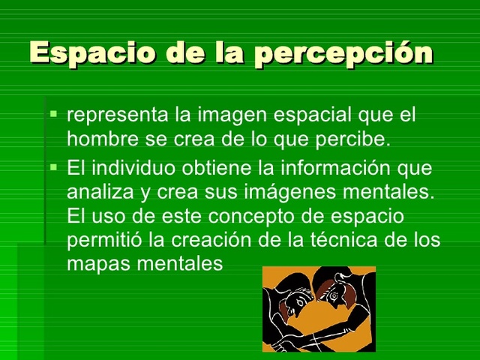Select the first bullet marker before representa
(x=53, y=115)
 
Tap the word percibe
(x=357, y=139)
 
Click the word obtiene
(x=216, y=168)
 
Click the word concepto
(x=240, y=217)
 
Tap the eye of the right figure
(x=342, y=285)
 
